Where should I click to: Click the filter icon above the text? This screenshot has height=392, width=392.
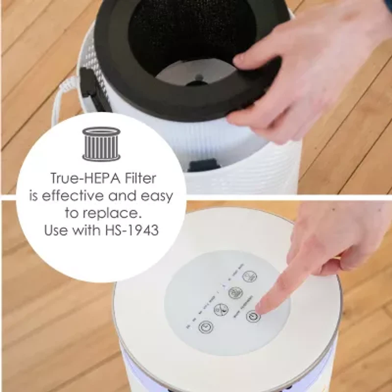(101, 144)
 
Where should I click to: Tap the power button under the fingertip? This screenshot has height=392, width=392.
(253, 316)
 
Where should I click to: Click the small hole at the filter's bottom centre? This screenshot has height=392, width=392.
(198, 77)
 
